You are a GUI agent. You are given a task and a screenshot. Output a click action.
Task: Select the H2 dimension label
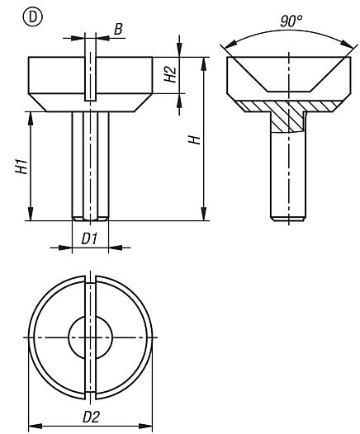[x=171, y=75]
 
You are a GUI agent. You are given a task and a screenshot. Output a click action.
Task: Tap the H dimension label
[x=194, y=139]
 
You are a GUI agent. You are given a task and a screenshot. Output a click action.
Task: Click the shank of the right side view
[x=288, y=173]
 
